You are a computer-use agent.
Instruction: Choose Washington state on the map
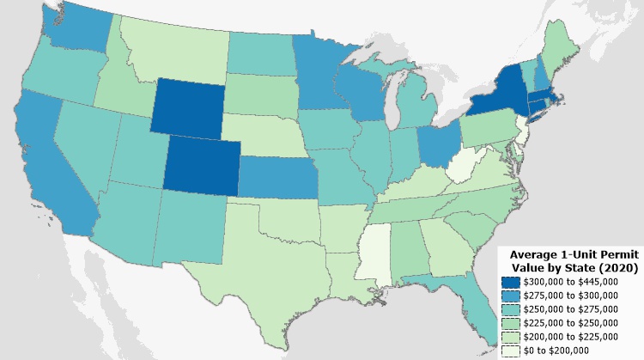(x=75, y=30)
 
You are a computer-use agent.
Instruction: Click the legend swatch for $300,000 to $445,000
(x=512, y=281)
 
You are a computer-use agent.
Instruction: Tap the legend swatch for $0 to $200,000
(x=512, y=350)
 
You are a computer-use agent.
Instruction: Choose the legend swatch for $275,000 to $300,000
(x=512, y=295)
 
